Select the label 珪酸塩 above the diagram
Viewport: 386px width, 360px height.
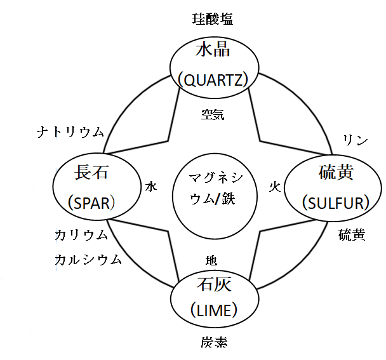212,19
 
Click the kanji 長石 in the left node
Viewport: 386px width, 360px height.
91,172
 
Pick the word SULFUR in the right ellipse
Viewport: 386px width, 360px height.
335,203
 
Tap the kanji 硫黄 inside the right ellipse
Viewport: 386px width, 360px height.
335,173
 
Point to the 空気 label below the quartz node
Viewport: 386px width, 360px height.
212,115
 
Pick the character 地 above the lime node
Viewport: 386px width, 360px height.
211,260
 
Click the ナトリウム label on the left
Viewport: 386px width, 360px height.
70,132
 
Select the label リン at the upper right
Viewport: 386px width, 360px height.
354,140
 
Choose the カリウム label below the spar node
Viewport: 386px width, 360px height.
81,236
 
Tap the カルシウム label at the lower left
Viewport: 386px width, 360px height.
88,259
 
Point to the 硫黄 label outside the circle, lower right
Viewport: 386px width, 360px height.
351,236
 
